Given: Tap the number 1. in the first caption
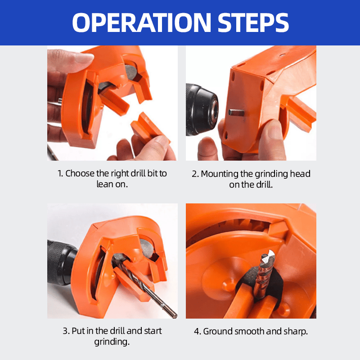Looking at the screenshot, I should (x=60, y=174).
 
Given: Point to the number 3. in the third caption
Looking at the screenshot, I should (x=66, y=331).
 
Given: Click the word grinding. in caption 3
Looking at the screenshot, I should (x=112, y=342).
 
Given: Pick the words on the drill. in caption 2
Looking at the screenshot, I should (x=251, y=184).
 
